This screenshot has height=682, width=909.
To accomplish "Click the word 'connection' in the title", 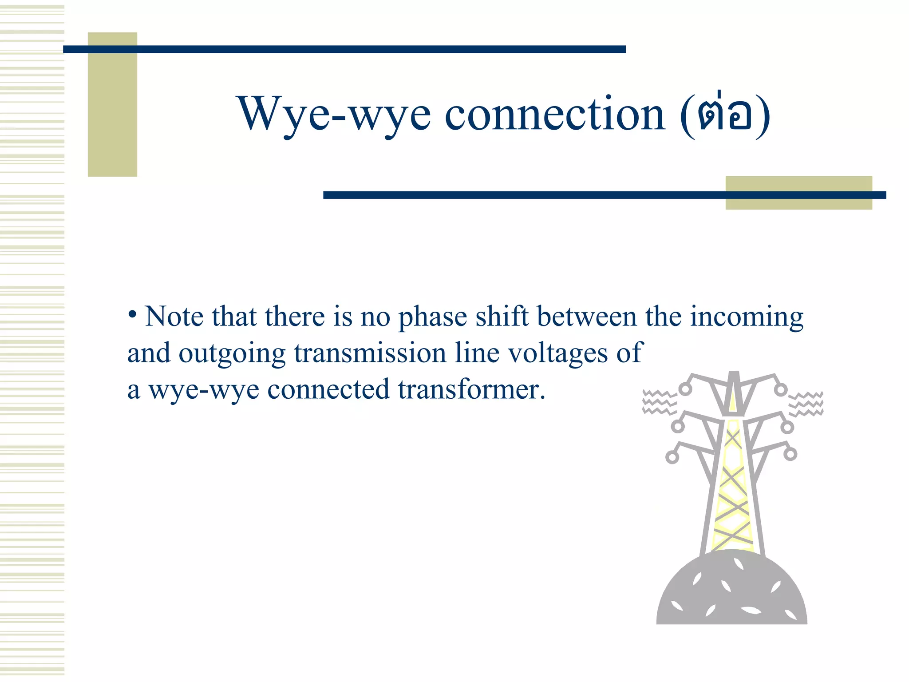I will [555, 115].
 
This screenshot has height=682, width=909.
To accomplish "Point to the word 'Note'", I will [174, 317].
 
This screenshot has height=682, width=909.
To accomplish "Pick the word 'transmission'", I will [370, 353].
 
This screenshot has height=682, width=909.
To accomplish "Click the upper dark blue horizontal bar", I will [344, 49].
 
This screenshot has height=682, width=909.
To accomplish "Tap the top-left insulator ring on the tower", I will [685, 389].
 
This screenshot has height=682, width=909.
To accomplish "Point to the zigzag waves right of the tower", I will [806, 404].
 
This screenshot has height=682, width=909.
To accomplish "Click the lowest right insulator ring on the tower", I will [790, 454].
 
